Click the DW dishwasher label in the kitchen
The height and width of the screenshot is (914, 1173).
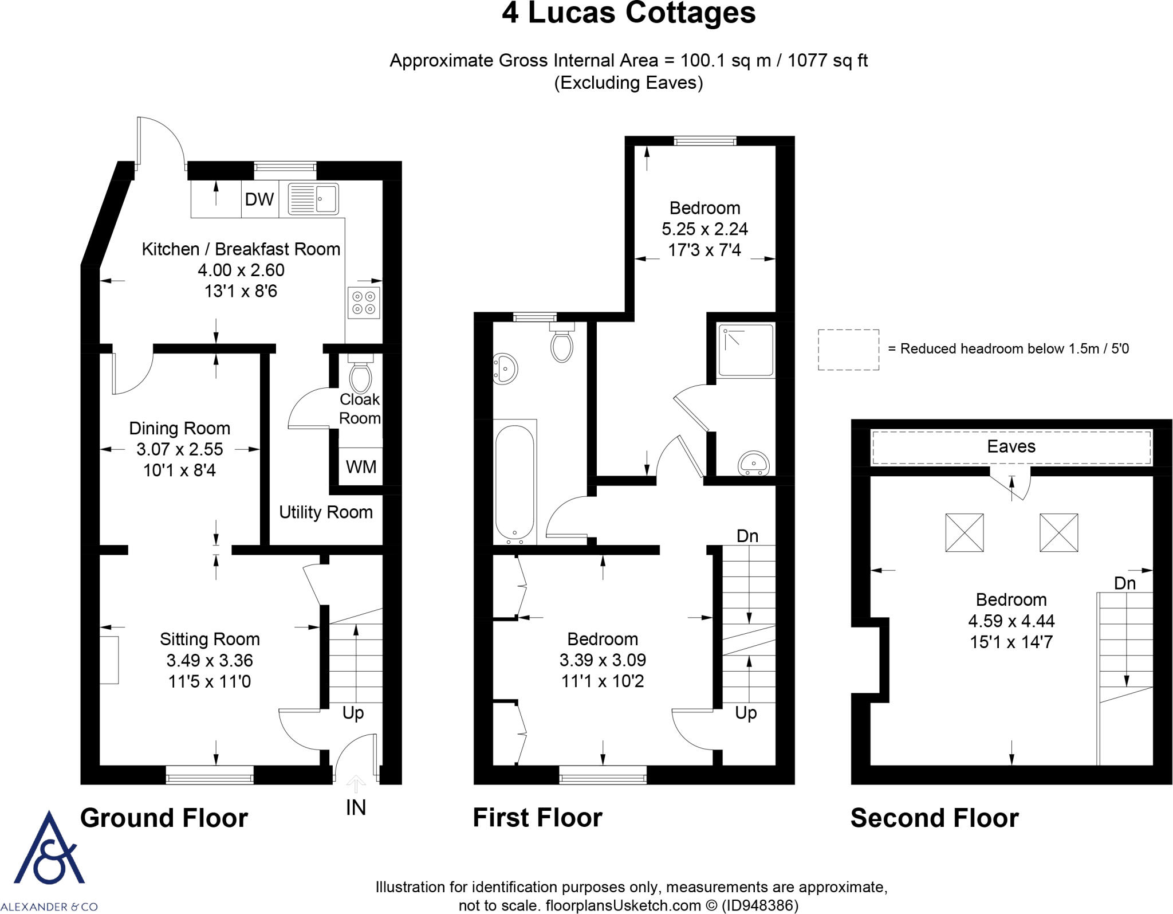click(259, 199)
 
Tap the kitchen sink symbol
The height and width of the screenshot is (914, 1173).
click(313, 198)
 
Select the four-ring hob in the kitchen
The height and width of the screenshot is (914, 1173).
click(364, 303)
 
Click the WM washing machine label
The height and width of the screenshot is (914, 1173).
click(361, 467)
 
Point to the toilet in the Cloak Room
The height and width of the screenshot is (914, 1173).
click(360, 375)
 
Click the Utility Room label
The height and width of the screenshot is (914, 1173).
click(325, 512)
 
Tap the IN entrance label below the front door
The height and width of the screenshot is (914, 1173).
click(356, 807)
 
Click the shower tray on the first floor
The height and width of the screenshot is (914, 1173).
click(746, 350)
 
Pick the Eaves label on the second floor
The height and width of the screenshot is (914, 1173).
click(1011, 446)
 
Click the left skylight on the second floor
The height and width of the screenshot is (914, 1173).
click(965, 532)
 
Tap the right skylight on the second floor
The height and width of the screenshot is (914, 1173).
click(1058, 532)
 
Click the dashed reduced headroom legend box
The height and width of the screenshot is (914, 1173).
click(848, 350)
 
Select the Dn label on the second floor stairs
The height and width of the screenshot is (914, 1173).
click(1124, 583)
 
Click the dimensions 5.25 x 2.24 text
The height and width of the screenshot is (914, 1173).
click(704, 229)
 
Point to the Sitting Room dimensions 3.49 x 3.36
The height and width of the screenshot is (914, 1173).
click(210, 660)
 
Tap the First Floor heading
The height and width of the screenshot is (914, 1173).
click(537, 818)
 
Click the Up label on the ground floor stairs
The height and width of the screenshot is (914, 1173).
click(353, 713)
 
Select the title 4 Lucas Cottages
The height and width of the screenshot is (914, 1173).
click(628, 14)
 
